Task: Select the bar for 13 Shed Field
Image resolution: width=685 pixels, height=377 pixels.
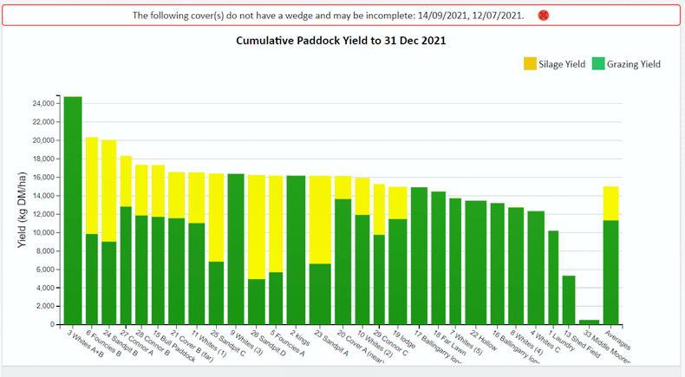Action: pos(569,300)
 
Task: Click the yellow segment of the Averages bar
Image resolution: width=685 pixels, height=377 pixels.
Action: pos(611,203)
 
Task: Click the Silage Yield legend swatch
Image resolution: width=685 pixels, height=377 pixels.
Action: pos(530,64)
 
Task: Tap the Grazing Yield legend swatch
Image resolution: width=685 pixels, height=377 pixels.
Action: pos(597,64)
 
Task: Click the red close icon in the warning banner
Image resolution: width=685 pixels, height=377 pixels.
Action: pos(544,16)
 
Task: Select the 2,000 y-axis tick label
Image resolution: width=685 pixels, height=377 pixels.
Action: pos(44,306)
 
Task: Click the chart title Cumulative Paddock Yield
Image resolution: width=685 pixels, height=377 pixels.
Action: pos(342,41)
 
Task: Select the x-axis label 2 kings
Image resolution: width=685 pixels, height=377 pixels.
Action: pos(298,337)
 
